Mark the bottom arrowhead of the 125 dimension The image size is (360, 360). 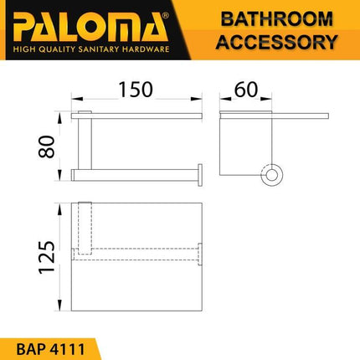coord(60,307)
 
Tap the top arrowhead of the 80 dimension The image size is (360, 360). coord(60,113)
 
